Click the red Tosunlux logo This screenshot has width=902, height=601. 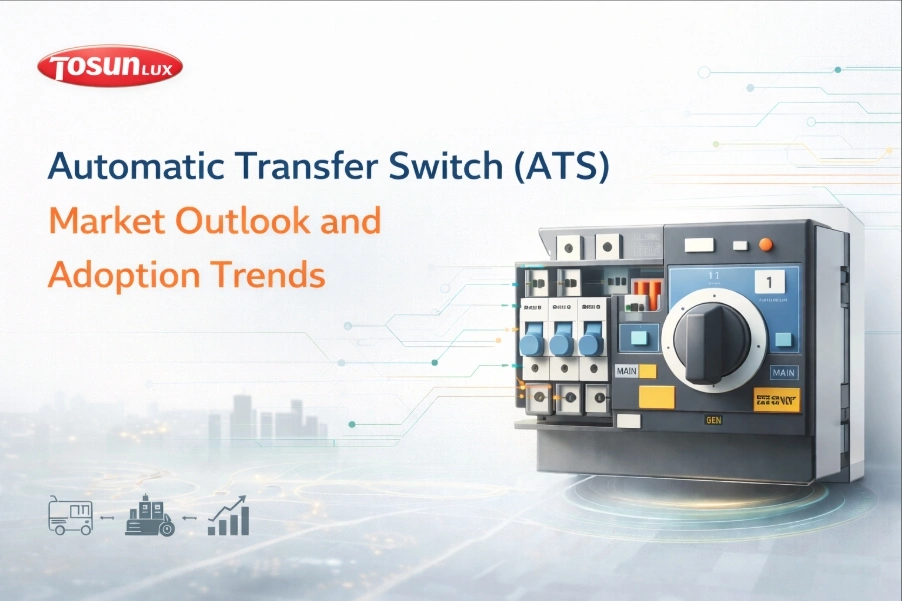tap(109, 67)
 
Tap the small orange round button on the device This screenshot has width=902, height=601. tap(766, 244)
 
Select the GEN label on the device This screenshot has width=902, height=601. tap(713, 422)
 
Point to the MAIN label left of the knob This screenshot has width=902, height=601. tap(628, 369)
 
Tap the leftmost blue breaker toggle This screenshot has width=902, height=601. tap(532, 344)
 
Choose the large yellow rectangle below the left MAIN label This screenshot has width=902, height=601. tap(656, 397)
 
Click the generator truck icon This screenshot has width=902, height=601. tap(70, 517)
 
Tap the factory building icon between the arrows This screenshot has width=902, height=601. tap(149, 517)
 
